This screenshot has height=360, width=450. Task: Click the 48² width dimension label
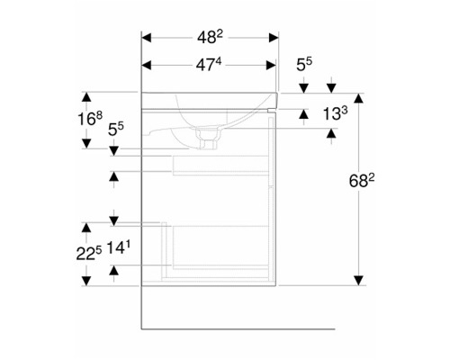point(210,38)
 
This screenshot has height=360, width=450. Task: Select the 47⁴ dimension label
point(209,65)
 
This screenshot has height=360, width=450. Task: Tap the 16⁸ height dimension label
point(90,119)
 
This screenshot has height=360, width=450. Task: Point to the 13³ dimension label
point(335,113)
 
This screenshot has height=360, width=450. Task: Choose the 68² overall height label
point(362,181)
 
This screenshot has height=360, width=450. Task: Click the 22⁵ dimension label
point(89,254)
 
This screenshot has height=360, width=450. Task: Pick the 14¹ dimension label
point(119,247)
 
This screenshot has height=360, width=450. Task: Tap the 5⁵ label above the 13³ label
point(304,65)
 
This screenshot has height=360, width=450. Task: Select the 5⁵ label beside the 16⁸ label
point(116,130)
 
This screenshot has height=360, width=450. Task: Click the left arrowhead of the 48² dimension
point(146,38)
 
